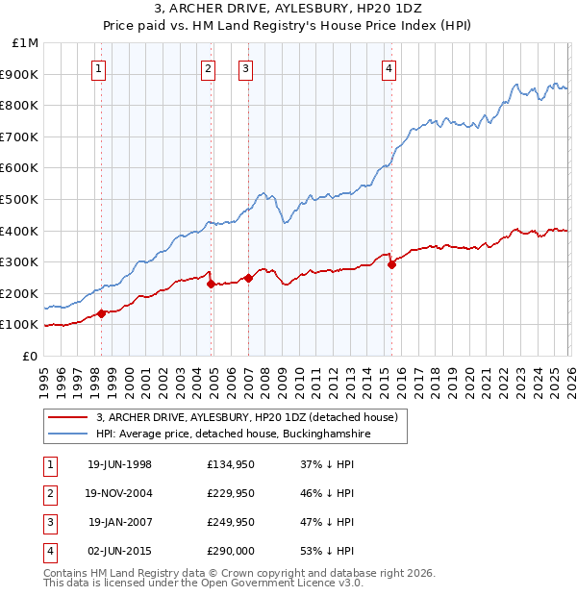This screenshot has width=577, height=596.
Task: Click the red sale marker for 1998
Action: [x=101, y=312]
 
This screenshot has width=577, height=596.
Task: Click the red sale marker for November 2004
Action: [x=210, y=284]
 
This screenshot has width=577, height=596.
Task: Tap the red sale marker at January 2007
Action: [x=247, y=278]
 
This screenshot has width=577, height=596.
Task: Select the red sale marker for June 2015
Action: [x=391, y=265]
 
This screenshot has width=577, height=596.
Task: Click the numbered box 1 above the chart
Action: [x=100, y=67]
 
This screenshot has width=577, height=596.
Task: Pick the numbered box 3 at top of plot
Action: [x=246, y=67]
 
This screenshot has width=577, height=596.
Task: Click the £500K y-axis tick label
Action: [x=21, y=199]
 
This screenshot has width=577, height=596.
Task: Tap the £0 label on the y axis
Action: [x=30, y=356]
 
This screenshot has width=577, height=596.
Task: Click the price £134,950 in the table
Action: [x=231, y=464]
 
